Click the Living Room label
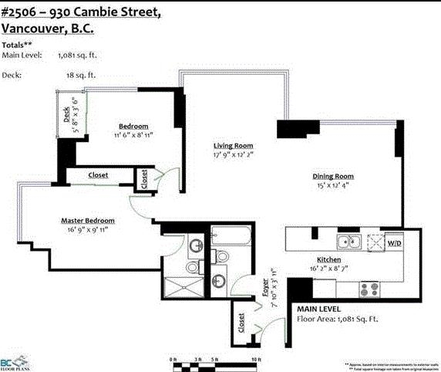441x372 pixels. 234,146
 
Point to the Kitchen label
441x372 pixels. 329,260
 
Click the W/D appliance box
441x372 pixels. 394,243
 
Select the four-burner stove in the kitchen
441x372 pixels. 369,289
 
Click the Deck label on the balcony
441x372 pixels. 67,115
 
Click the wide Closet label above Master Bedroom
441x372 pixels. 98,175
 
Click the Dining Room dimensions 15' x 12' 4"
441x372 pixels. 333,185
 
